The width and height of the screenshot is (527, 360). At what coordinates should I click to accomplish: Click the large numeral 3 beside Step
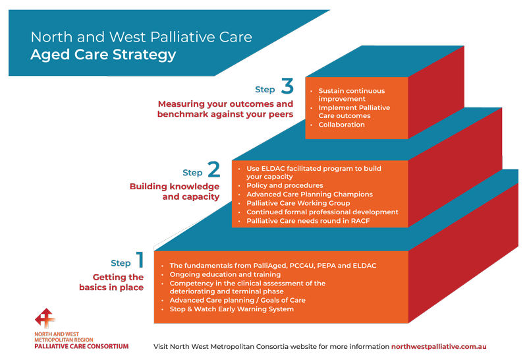287,86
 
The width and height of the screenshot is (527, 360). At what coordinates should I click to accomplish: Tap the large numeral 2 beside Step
213,169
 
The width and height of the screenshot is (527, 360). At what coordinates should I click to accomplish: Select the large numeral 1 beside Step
140,259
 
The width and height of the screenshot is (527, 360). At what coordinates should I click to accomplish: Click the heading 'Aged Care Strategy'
103,55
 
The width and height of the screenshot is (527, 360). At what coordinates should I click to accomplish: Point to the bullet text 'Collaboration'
341,125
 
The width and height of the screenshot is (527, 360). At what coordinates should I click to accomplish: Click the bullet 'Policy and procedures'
285,185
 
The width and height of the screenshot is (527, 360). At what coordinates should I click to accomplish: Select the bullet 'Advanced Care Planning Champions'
310,194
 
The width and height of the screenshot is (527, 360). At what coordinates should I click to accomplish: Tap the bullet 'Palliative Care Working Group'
298,203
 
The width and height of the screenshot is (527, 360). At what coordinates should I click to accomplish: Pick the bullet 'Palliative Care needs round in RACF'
308,221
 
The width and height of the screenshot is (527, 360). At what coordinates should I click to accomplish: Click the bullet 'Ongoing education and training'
225,274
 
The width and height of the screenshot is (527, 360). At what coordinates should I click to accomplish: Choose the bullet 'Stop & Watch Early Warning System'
232,309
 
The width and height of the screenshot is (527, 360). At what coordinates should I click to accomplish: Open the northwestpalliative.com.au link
439,347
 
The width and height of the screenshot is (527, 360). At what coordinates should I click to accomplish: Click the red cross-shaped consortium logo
45,318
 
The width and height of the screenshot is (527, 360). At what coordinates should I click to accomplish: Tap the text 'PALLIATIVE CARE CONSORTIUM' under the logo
81,346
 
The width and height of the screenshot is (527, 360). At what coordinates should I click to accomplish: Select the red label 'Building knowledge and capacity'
175,191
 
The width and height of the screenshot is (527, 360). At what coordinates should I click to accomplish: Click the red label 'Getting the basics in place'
111,282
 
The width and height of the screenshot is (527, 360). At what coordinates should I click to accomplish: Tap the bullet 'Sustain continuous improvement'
352,94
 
